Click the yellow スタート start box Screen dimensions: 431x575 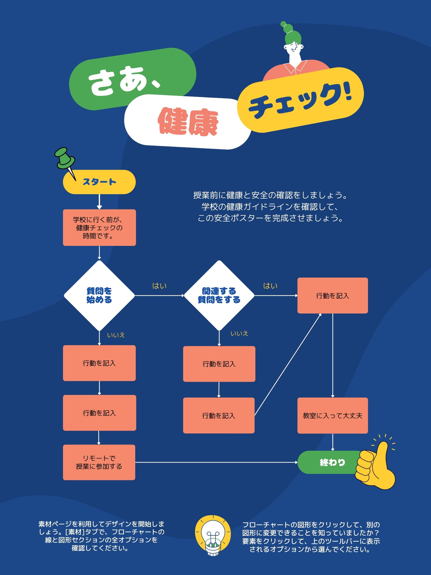point(99,182)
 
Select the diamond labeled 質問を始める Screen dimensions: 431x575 point(99,295)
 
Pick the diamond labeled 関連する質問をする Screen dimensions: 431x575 point(219,295)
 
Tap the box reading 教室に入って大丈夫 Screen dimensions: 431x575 point(333,416)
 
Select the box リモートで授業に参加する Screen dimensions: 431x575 point(99,463)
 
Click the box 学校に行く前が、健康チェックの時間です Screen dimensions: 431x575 point(99,227)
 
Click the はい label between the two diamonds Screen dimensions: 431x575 point(159,286)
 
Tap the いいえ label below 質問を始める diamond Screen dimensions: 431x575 point(116,335)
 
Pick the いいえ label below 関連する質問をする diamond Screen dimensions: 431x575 point(239,333)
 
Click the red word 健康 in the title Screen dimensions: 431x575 point(188,121)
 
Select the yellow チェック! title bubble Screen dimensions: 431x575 point(300,100)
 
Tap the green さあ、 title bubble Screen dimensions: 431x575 point(133,79)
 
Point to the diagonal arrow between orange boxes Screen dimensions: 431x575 point(288,364)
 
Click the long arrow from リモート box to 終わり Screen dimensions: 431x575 point(217,463)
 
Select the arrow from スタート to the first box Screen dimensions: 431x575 point(99,202)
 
